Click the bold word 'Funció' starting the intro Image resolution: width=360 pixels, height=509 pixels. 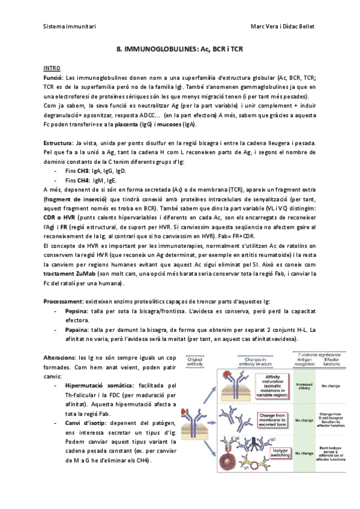53,78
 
